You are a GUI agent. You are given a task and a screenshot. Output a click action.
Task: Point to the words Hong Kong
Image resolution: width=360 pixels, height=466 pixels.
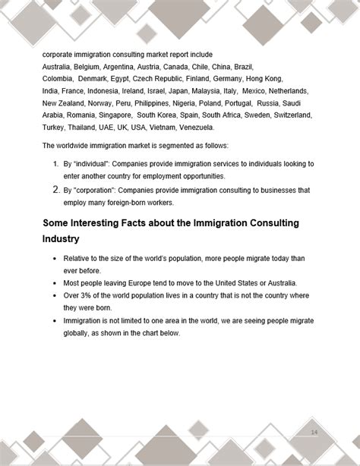tap(263, 78)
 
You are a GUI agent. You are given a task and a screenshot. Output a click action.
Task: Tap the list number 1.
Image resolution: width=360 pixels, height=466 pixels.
tap(55, 163)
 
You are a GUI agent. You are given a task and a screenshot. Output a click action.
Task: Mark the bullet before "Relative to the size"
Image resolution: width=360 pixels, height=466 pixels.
tap(55, 260)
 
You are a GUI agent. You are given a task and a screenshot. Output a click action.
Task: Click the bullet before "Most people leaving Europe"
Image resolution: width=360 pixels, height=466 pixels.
tap(55, 284)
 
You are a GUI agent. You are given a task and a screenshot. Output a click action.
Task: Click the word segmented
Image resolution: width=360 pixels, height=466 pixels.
tap(171, 145)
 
